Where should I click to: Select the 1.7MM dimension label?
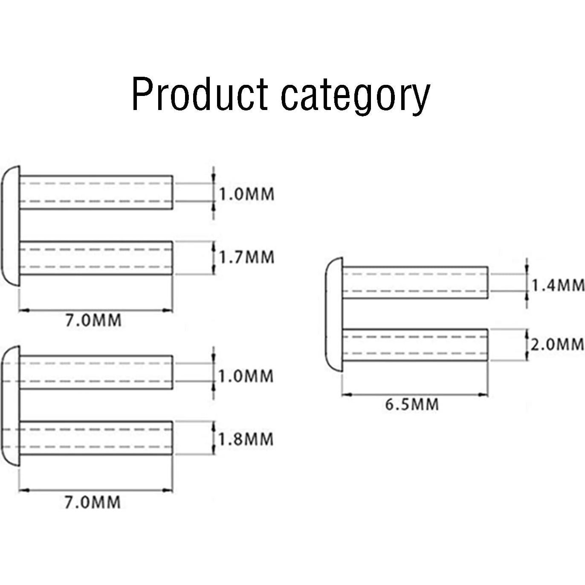point(246,257)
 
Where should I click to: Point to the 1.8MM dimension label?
point(246,439)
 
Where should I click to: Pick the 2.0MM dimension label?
point(557,344)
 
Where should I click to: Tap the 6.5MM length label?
point(412,404)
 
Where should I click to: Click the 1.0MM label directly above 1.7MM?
point(246,194)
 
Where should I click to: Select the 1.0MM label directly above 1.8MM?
point(246,376)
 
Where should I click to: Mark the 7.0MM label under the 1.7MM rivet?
point(93,320)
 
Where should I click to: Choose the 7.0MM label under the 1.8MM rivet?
point(93,502)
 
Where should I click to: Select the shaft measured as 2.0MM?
point(415,345)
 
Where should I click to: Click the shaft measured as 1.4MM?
point(415,282)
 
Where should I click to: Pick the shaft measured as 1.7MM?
point(96,258)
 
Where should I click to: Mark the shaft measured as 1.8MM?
point(96,438)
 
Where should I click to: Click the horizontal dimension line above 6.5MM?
point(415,395)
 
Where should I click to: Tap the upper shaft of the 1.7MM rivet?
point(96,192)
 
